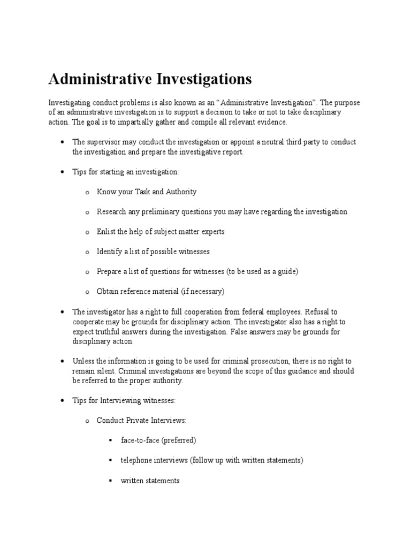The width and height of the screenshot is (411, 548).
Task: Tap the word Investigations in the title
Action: point(204,79)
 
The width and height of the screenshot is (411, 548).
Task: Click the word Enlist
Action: point(106,232)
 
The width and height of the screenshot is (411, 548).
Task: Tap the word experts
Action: point(212,232)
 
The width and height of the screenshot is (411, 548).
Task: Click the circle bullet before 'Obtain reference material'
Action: point(87,292)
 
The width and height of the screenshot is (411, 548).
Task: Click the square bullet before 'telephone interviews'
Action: point(110,461)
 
